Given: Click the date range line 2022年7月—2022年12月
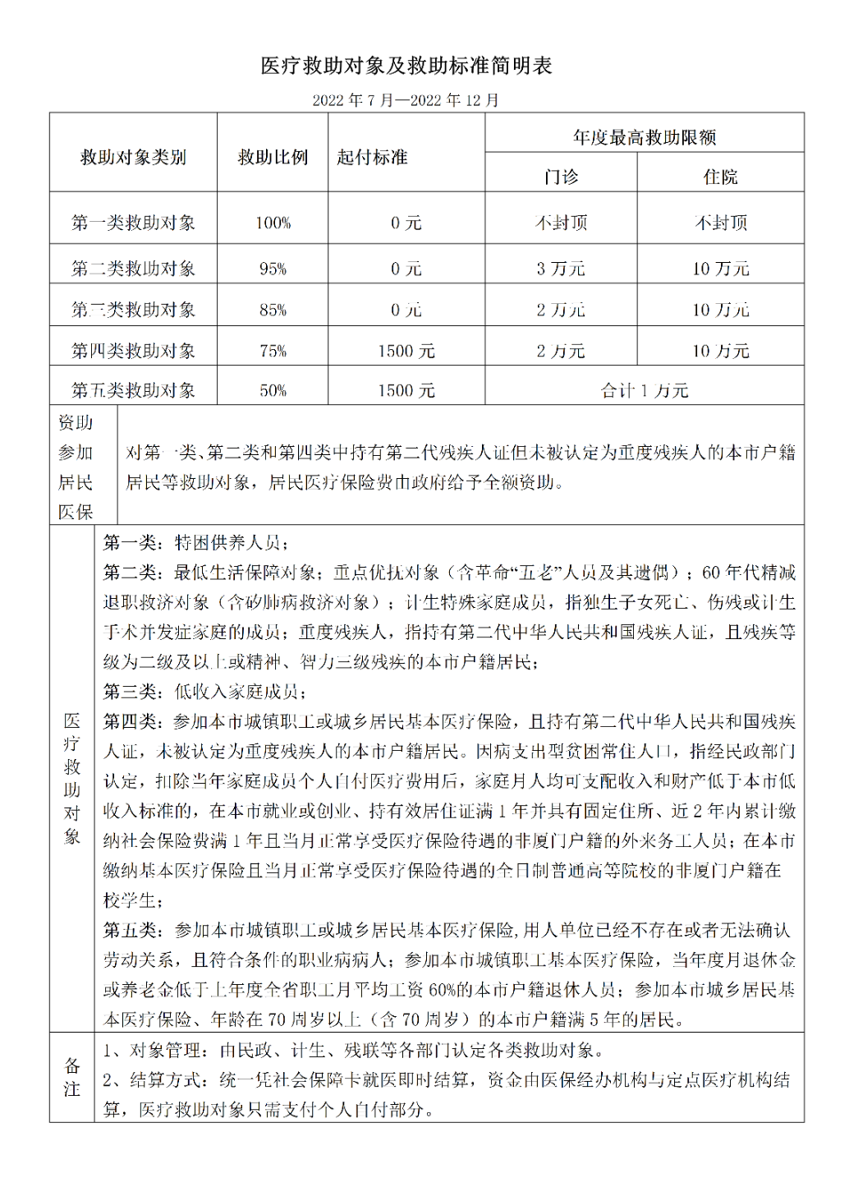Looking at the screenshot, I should [406, 100].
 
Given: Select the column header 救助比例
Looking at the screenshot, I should [273, 157].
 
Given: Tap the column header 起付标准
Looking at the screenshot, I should [372, 157].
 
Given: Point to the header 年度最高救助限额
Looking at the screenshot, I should [645, 137].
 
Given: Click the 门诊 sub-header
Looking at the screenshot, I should [561, 177].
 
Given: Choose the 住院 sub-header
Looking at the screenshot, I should [720, 177].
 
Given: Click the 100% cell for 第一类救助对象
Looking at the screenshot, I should [273, 223].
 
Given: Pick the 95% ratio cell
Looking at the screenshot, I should [273, 269].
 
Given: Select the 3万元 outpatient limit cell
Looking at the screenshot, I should [561, 269].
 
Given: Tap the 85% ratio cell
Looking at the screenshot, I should [273, 310].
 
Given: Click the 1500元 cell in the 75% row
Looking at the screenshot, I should [406, 351].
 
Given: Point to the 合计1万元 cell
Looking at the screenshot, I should [645, 390].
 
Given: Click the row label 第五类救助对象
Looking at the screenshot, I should [133, 390].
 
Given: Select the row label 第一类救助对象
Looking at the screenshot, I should [133, 223].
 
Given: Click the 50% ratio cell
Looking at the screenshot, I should [273, 390].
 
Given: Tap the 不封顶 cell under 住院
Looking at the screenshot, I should [720, 223].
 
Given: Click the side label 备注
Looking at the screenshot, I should [72, 1077].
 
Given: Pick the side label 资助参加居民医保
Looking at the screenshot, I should [76, 467].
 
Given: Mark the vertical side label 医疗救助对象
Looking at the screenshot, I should [72, 778].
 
